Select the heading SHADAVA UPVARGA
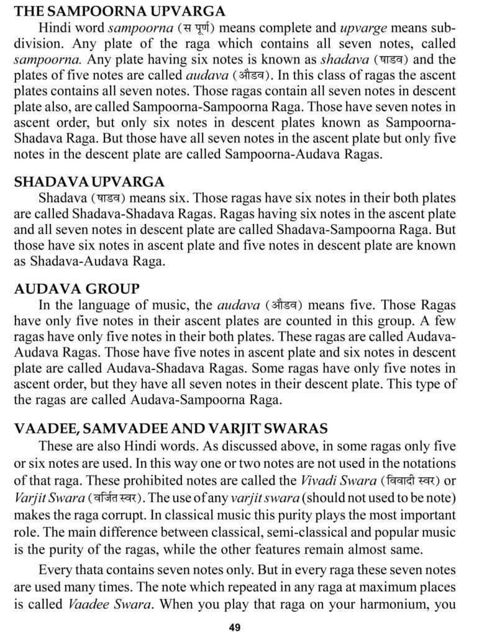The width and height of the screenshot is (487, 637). (x=89, y=182)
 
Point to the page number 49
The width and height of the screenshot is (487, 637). (x=234, y=627)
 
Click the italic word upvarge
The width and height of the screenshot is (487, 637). (x=366, y=28)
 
